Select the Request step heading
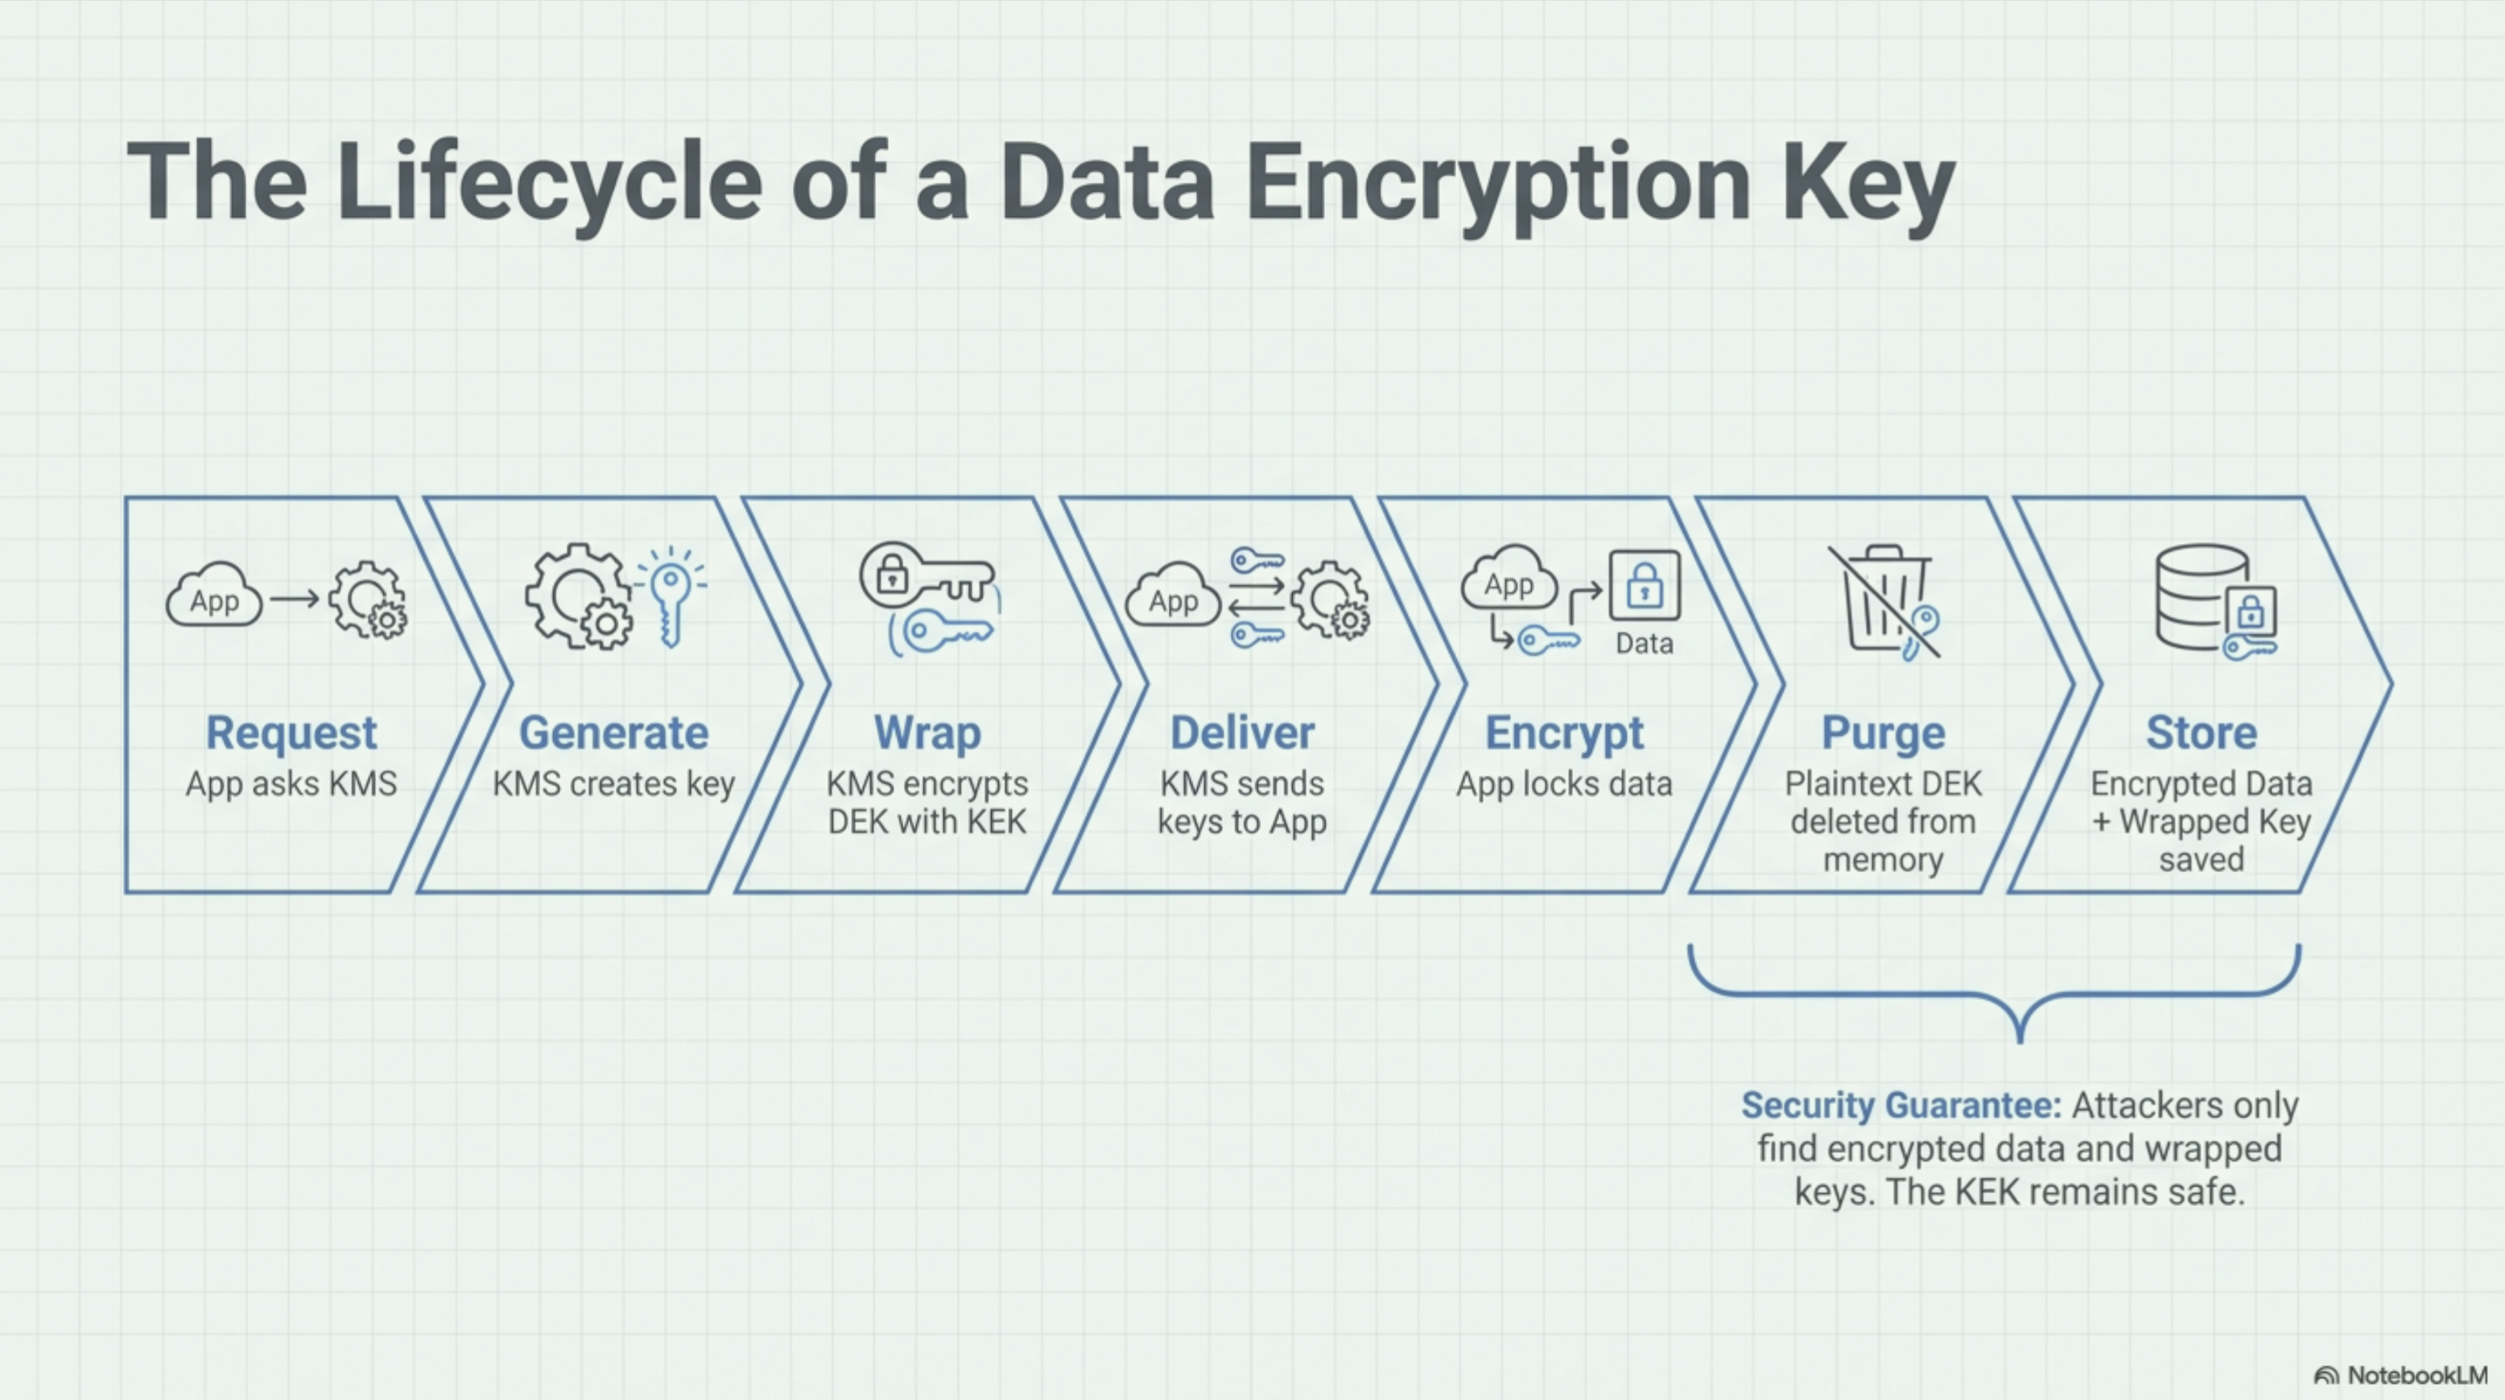click(x=291, y=733)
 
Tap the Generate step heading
click(x=613, y=733)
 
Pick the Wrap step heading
click(x=926, y=733)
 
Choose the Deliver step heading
click(x=1242, y=733)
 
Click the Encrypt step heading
click(x=1564, y=733)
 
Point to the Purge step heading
click(x=1883, y=733)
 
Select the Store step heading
click(x=2201, y=733)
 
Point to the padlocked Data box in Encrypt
click(x=1645, y=585)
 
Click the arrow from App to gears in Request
click(x=295, y=599)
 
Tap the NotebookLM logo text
click(x=2416, y=1375)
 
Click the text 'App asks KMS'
click(x=291, y=784)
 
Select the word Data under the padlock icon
click(x=1645, y=644)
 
